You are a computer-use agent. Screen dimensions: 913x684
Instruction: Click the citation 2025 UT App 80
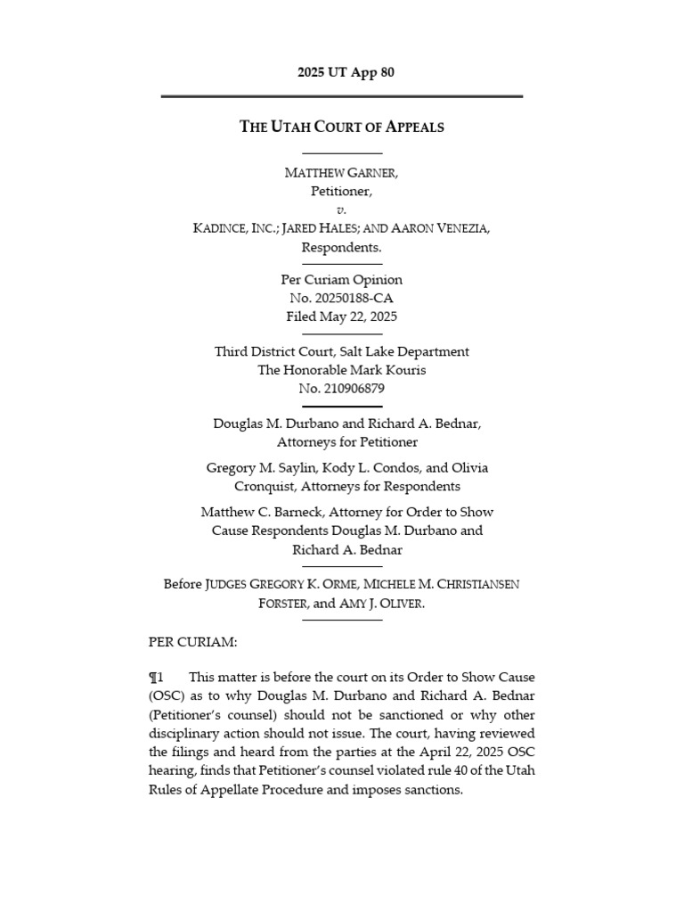(x=342, y=72)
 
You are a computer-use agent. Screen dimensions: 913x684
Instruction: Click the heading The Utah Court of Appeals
(x=342, y=127)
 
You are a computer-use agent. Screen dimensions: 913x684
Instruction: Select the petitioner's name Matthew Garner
(x=342, y=172)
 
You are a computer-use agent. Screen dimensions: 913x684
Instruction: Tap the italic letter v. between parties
(x=342, y=210)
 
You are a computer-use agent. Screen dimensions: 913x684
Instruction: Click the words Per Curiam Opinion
(x=342, y=279)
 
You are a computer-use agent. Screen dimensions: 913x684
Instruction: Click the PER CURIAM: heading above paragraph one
(x=186, y=641)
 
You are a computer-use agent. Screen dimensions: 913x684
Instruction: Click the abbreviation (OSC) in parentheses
(x=168, y=696)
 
